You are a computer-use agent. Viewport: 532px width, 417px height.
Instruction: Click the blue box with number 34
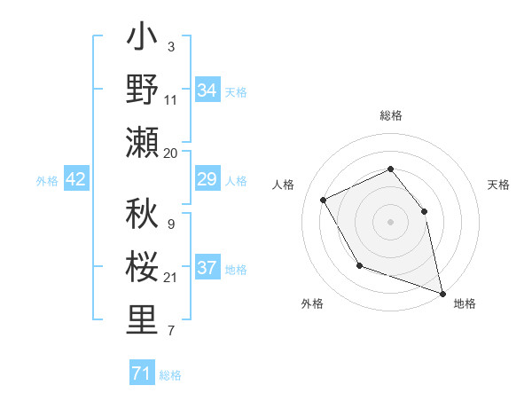pyautogui.click(x=207, y=90)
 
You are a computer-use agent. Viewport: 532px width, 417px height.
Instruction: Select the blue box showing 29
pyautogui.click(x=207, y=180)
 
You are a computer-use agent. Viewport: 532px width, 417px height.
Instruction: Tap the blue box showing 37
pyautogui.click(x=207, y=269)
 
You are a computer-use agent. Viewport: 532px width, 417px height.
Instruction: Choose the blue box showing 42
pyautogui.click(x=76, y=180)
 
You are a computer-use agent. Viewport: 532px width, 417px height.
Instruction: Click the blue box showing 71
pyautogui.click(x=141, y=374)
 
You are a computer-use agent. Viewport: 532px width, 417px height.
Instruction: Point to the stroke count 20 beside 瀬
pyautogui.click(x=172, y=153)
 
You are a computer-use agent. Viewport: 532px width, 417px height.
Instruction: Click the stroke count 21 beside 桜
pyautogui.click(x=171, y=279)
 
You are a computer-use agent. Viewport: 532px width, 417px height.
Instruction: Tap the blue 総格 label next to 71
pyautogui.click(x=171, y=375)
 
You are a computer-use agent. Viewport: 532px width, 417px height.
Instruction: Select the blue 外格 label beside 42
pyautogui.click(x=47, y=181)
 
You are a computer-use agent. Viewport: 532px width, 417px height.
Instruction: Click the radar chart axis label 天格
pyautogui.click(x=498, y=185)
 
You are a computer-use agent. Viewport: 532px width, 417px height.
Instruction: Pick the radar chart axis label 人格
pyautogui.click(x=284, y=185)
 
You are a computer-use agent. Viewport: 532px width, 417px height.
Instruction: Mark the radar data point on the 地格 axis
pyautogui.click(x=443, y=291)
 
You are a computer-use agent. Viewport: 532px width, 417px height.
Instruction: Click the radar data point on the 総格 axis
pyautogui.click(x=390, y=169)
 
